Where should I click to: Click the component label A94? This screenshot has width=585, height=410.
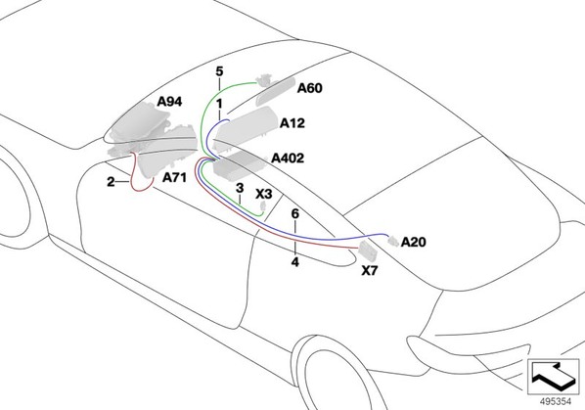[x=169, y=102]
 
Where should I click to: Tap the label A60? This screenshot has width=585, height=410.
[x=310, y=88]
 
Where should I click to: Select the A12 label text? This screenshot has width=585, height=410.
[x=292, y=123]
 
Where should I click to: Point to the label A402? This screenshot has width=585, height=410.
[x=288, y=159]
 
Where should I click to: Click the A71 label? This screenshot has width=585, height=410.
[x=174, y=177]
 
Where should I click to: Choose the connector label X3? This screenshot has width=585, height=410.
[x=264, y=194]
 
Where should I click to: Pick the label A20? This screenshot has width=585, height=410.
[x=414, y=242]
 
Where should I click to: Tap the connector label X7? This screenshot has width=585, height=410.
[x=370, y=271]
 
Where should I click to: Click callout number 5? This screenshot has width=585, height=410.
[x=219, y=71]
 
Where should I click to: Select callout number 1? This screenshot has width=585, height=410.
[x=219, y=104]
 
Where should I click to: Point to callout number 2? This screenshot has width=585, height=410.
[x=111, y=182]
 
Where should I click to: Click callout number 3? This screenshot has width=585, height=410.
[x=240, y=188]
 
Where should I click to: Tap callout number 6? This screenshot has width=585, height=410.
[x=295, y=213]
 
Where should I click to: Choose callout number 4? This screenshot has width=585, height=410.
[x=295, y=262]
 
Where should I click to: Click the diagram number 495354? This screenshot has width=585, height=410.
[x=556, y=401]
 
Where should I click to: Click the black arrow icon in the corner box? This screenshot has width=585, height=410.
[x=553, y=375]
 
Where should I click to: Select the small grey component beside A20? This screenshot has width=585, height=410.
[x=393, y=241]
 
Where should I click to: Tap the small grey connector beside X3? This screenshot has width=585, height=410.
[x=263, y=205]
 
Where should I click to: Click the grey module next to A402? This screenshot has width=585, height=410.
[x=238, y=164]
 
